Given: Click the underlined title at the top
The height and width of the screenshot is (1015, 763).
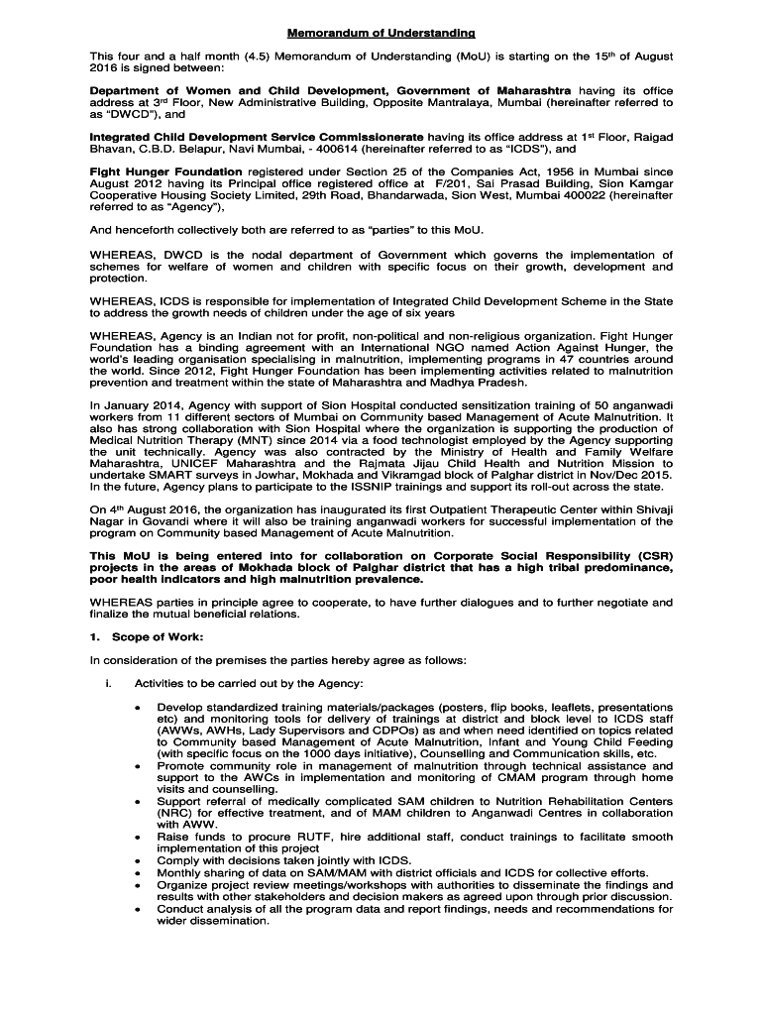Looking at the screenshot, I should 381,34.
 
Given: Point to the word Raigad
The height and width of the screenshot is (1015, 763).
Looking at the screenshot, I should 651,137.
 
